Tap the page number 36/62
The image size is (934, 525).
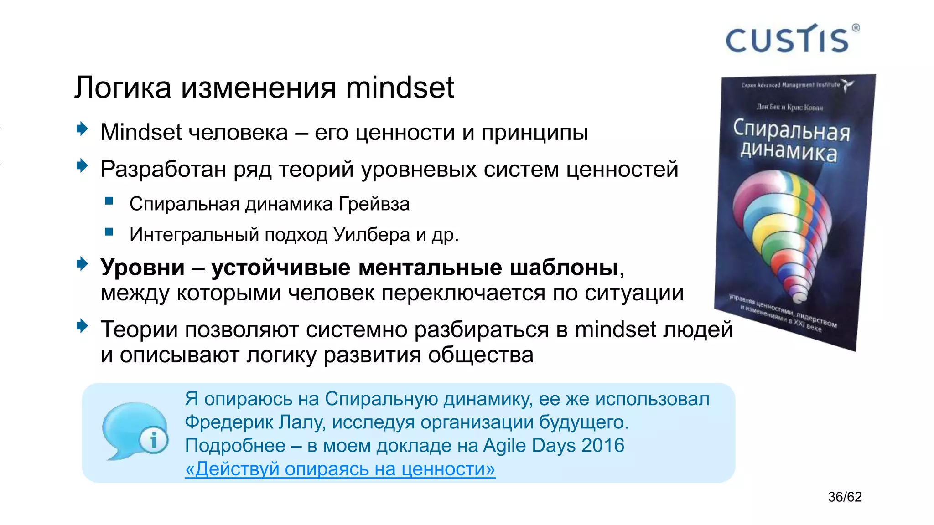845,497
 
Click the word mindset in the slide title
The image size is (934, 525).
400,87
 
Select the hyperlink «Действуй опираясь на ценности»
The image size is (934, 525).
340,469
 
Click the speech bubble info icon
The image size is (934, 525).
135,431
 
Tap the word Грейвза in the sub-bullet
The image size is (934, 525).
374,204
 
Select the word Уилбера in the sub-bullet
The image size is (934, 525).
372,235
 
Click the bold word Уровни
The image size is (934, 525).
142,268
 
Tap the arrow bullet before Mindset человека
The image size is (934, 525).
82,129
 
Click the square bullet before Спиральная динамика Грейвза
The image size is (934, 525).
109,201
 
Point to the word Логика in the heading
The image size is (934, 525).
123,87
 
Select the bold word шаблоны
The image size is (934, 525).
564,268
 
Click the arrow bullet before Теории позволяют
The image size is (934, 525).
82,326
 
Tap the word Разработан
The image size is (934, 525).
163,170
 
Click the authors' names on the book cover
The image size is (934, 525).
789,108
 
